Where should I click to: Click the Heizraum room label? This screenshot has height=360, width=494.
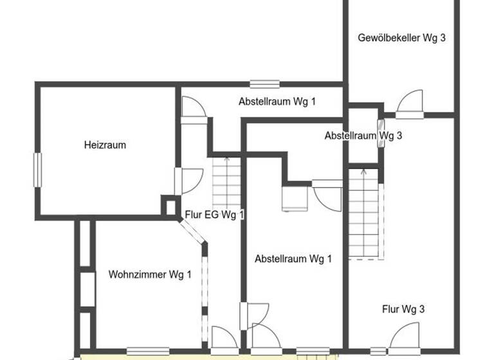click(105, 145)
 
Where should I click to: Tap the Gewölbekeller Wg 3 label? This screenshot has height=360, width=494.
click(401, 37)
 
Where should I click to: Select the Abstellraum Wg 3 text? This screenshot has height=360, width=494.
click(363, 136)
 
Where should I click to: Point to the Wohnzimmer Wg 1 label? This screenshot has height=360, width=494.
click(150, 275)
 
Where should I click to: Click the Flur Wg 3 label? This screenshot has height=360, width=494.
click(403, 309)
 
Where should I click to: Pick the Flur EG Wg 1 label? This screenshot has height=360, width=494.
click(214, 215)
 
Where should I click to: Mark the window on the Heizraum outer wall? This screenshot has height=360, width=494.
click(37, 170)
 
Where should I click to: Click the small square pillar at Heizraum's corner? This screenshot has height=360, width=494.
click(170, 207)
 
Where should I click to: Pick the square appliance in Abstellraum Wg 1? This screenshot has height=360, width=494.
click(295, 199)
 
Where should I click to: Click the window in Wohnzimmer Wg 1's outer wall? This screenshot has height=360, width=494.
click(147, 350)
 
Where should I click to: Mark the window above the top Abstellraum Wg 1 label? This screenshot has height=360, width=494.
click(264, 84)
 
